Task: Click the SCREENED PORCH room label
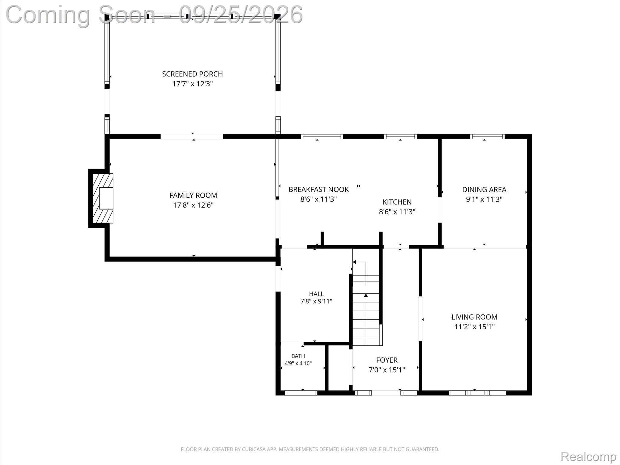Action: click(192, 74)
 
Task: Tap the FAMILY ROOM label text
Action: click(193, 195)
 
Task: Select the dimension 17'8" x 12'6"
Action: click(193, 205)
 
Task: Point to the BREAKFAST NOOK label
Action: click(318, 190)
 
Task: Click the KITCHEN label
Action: click(397, 202)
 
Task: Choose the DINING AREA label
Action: click(484, 190)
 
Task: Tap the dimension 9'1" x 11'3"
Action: click(484, 200)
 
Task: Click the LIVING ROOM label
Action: click(474, 317)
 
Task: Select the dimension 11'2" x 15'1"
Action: click(474, 327)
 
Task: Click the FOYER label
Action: click(387, 360)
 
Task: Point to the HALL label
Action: click(316, 294)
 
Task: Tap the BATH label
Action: click(298, 356)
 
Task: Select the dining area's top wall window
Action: click(487, 137)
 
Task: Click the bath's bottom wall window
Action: click(301, 393)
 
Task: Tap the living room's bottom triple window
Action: click(477, 393)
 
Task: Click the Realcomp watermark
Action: click(588, 457)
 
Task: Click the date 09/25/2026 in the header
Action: click(241, 14)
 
